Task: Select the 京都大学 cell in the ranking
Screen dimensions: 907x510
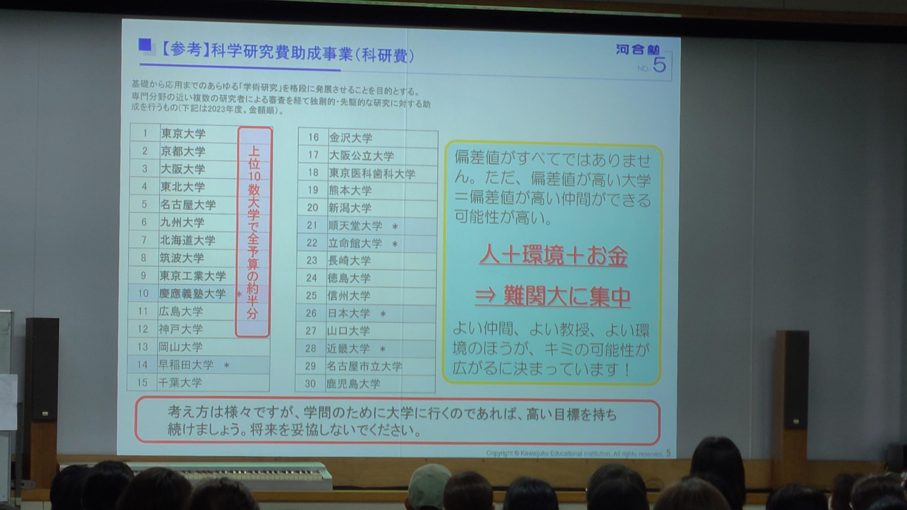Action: click(x=183, y=151)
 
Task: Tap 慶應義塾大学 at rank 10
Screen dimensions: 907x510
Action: click(x=192, y=293)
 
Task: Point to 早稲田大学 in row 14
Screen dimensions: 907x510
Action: click(x=186, y=365)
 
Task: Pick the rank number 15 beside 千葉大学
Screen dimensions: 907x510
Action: click(x=142, y=382)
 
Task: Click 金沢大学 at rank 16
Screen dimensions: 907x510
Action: click(x=351, y=138)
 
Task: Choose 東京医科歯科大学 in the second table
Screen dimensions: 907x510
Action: click(x=372, y=173)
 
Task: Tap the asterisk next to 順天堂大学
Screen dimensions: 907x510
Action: click(x=395, y=226)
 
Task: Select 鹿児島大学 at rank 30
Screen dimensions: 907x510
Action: click(x=353, y=383)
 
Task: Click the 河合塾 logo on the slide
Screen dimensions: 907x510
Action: click(x=638, y=49)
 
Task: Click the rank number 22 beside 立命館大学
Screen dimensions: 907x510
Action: click(x=312, y=243)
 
